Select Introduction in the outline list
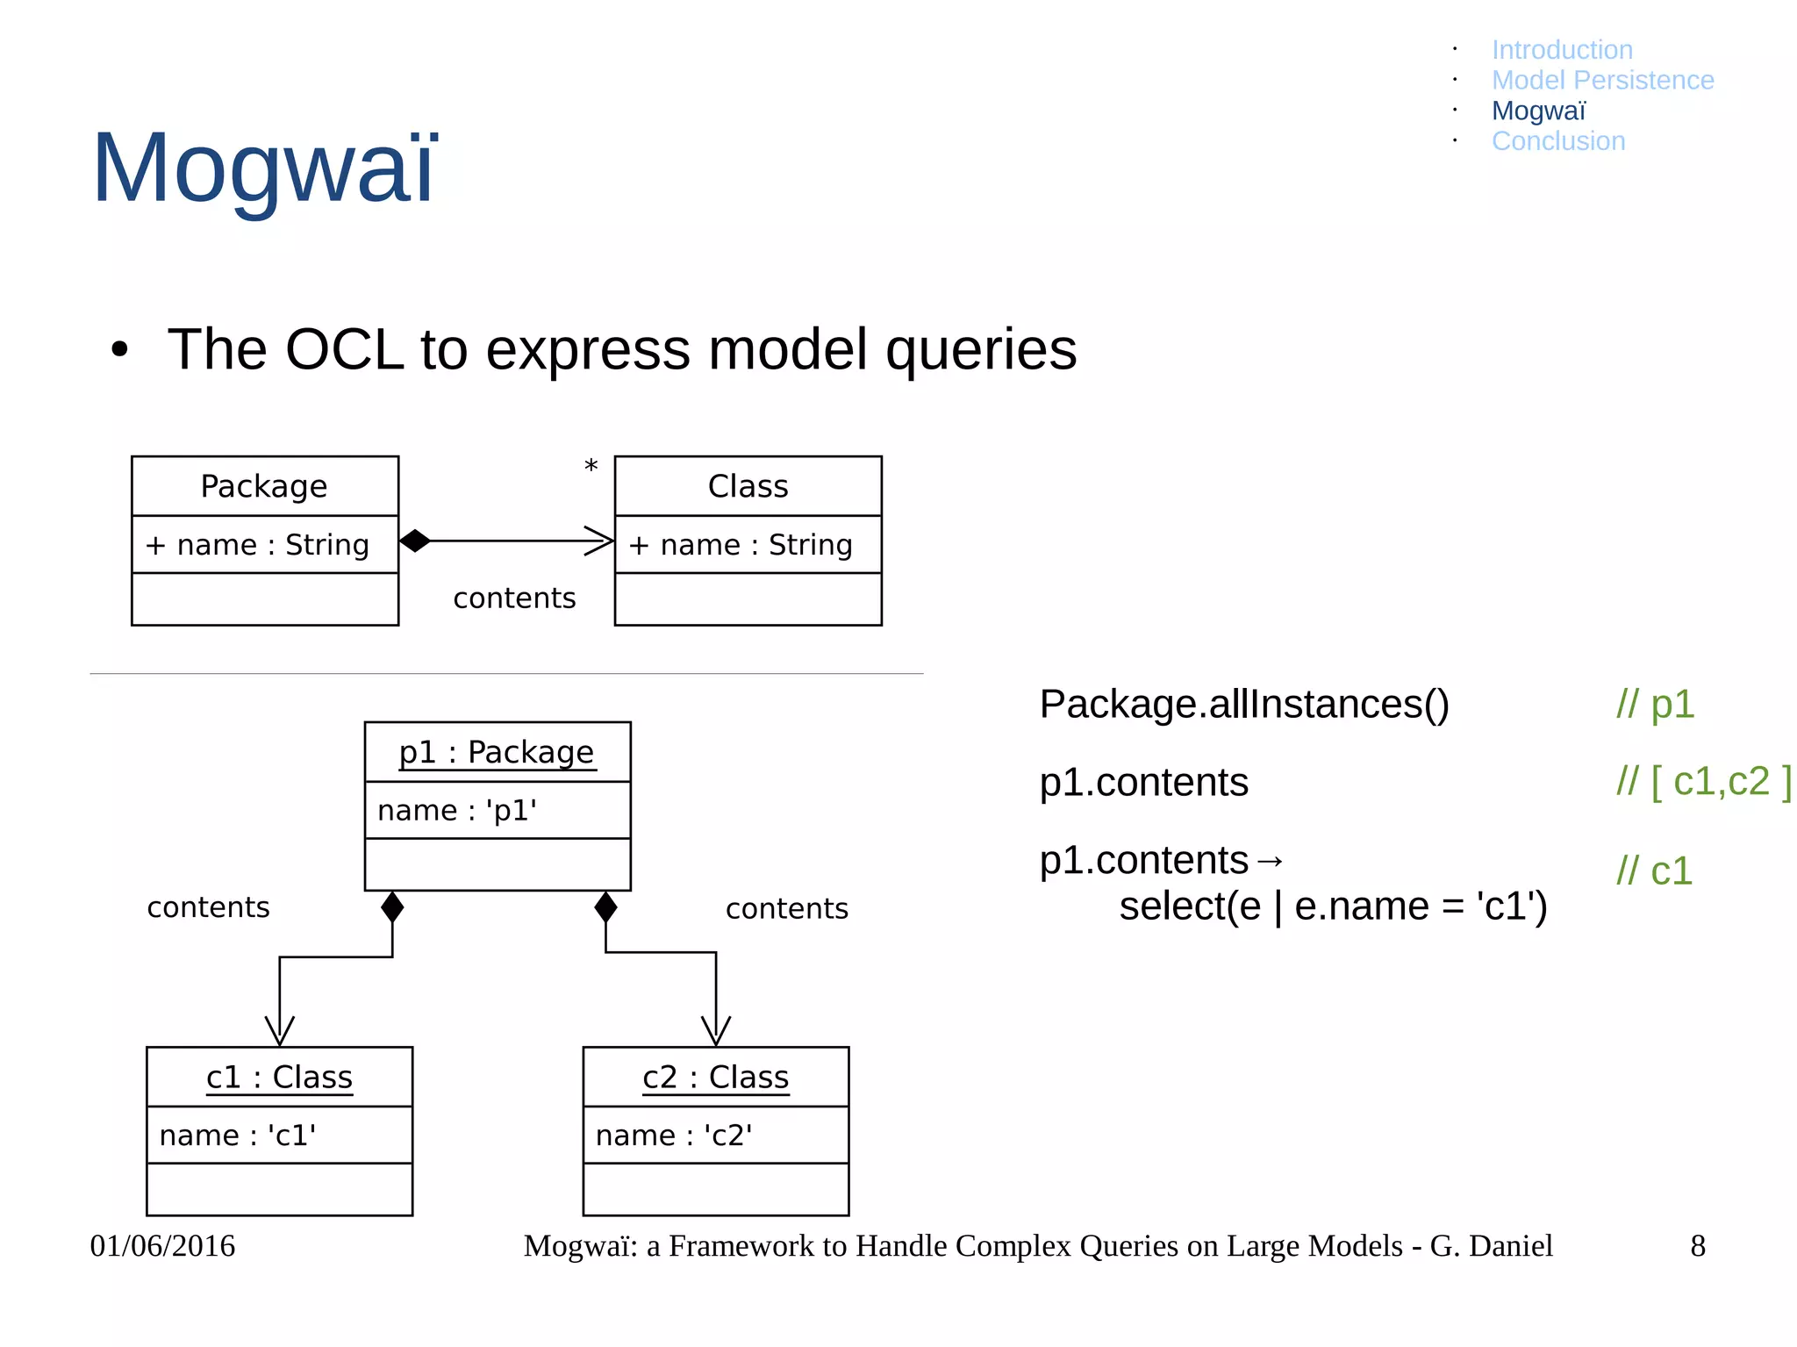pos(1562,50)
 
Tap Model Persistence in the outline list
pos(1602,80)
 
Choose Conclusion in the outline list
pos(1558,141)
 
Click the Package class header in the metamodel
pos(264,486)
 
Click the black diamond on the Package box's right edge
pos(415,541)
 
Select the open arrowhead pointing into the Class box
pos(600,541)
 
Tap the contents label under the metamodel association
pos(514,598)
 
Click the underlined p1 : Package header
pos(497,752)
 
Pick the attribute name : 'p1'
pos(457,810)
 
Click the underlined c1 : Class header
pos(279,1077)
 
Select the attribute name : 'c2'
pos(674,1136)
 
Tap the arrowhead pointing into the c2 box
pos(716,1030)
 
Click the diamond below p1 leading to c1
pos(392,907)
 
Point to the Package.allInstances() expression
pos(1243,705)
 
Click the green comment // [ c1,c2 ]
pos(1703,782)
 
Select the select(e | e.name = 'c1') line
pos(1333,906)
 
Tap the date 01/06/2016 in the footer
pos(162,1246)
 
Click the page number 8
pos(1698,1246)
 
